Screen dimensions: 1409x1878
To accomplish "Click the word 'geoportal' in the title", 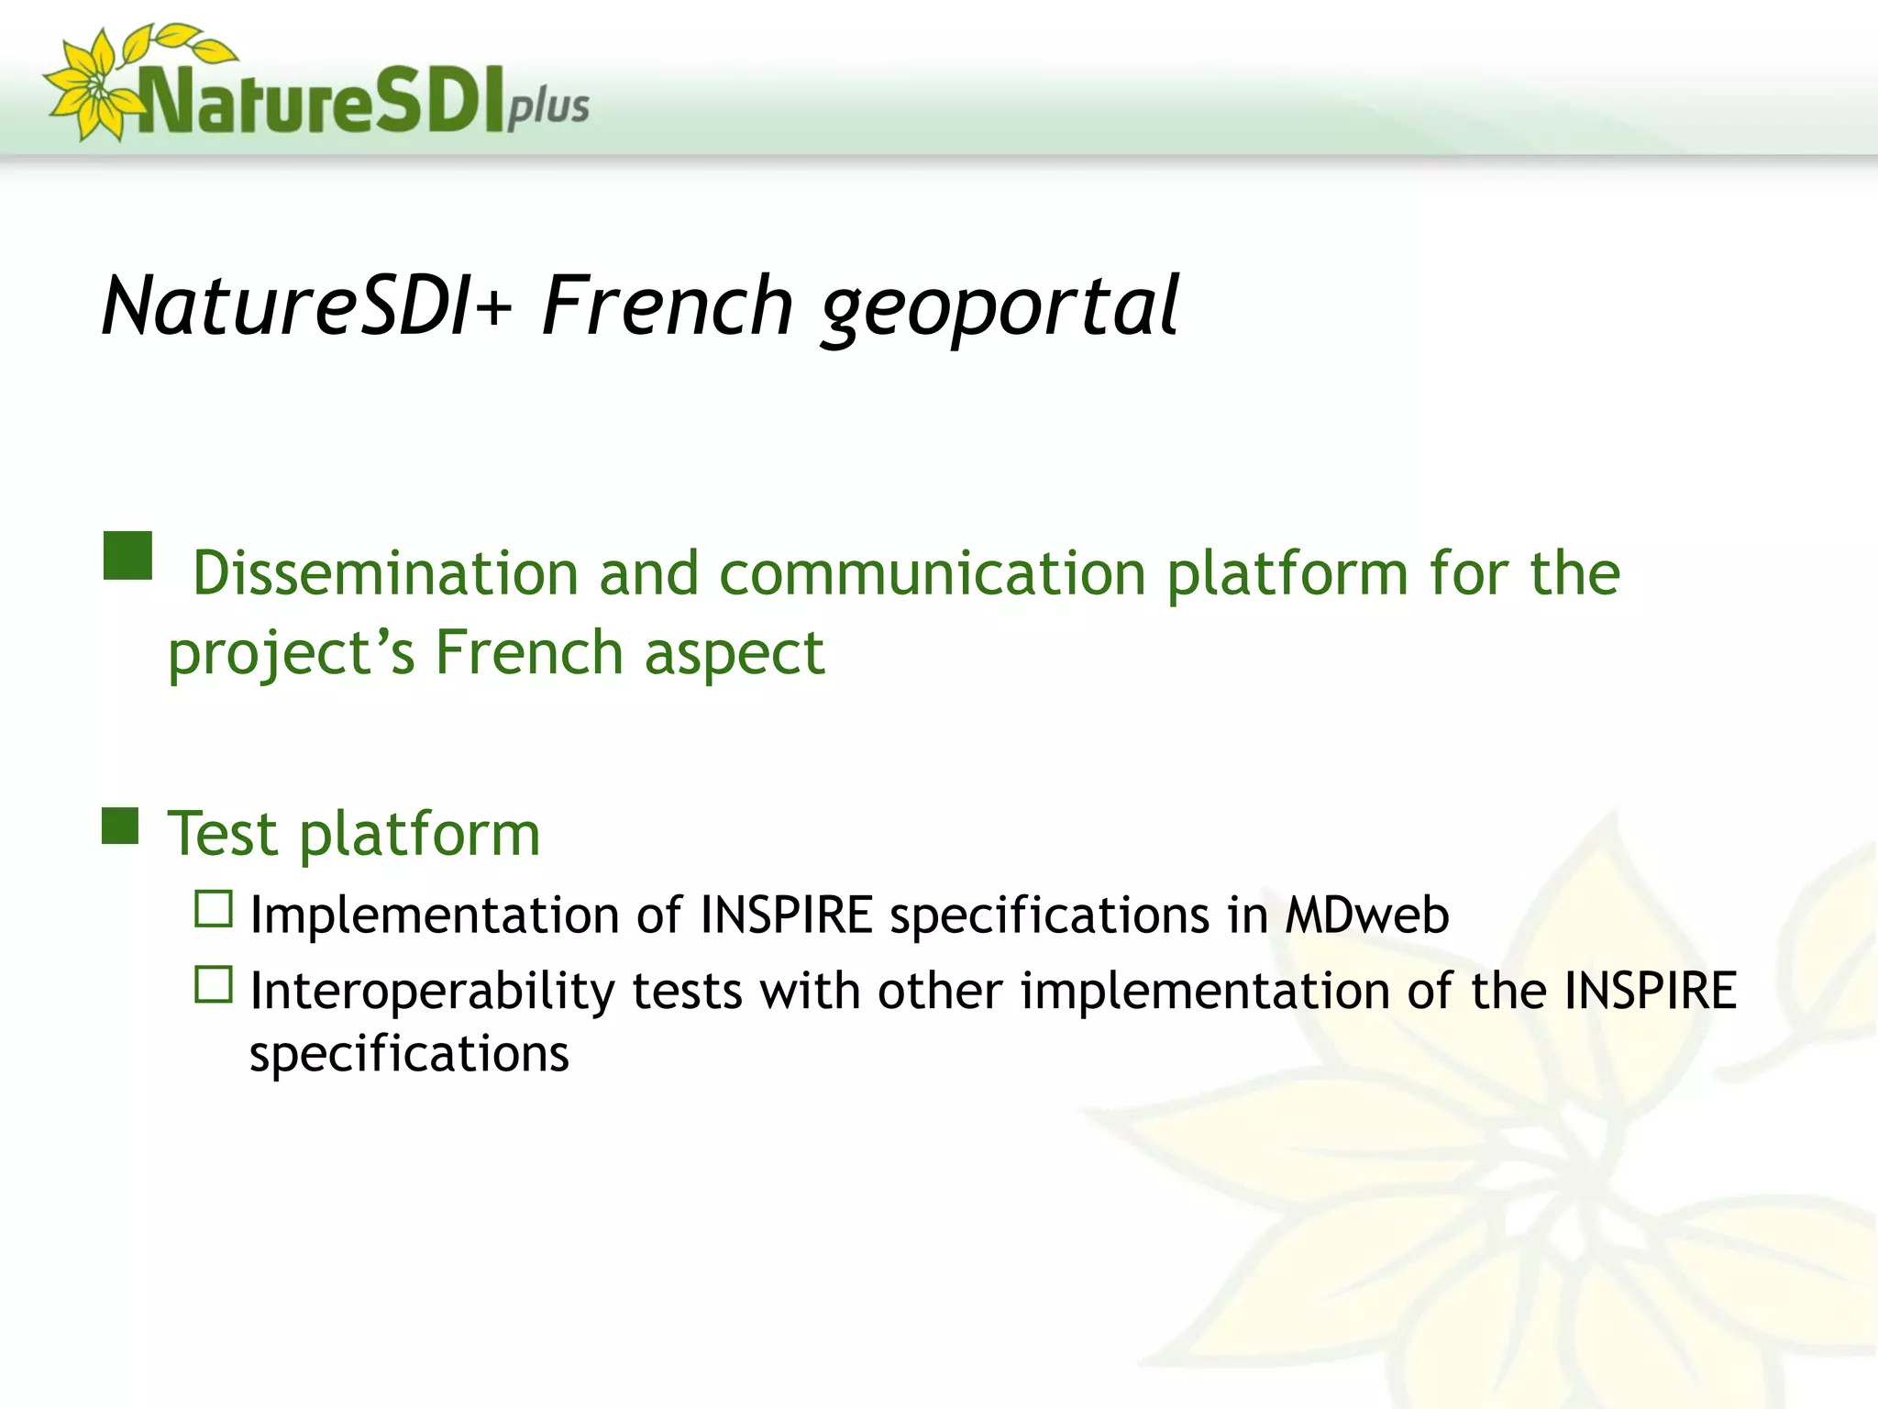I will tap(999, 307).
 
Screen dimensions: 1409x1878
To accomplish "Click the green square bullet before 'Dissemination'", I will tap(127, 556).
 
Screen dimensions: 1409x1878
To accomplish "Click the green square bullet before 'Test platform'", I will tap(120, 826).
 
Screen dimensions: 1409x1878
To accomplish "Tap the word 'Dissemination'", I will tap(385, 573).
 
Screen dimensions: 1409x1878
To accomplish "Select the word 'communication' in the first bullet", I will tap(933, 573).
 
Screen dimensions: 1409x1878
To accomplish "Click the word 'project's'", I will tap(292, 653).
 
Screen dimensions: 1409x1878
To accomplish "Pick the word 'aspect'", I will tap(734, 653).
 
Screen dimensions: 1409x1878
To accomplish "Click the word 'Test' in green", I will tap(223, 834).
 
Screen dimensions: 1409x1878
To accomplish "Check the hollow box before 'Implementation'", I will tap(214, 909).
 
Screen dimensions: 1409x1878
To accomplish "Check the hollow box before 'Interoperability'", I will tap(214, 984).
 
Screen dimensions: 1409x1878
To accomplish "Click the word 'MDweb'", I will tap(1366, 915).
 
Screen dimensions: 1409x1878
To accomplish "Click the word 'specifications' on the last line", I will tap(409, 1054).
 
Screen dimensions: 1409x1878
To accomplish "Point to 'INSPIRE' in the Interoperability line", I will tap(1650, 991).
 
